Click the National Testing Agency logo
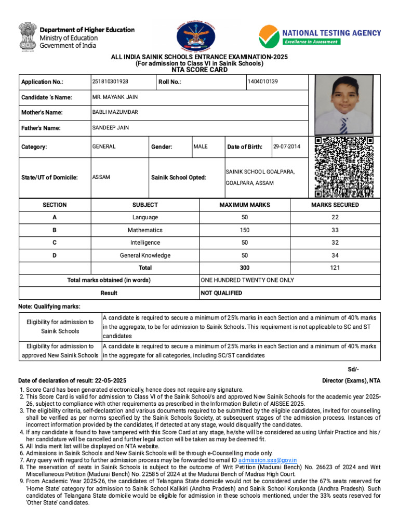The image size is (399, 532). [x=320, y=36]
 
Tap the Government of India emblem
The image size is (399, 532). [x=26, y=37]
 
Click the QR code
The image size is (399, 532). [x=344, y=167]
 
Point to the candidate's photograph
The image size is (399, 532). [x=344, y=104]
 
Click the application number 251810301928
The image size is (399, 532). [x=110, y=82]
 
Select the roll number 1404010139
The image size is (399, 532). [x=263, y=82]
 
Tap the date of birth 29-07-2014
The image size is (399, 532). [x=287, y=147]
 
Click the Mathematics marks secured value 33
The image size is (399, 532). [x=335, y=230]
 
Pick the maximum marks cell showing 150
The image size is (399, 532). [x=245, y=230]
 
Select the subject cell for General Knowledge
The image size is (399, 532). [x=145, y=255]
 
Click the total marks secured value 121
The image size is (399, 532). [x=335, y=268]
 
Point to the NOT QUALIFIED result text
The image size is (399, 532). [x=221, y=293]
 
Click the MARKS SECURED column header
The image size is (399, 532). [x=335, y=205]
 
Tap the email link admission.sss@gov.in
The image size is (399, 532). [x=268, y=460]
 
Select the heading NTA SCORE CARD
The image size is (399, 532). [x=199, y=70]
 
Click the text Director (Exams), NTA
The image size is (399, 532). [x=351, y=381]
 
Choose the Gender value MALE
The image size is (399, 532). [x=201, y=147]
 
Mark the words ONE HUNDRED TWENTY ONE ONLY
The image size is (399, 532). [x=247, y=280]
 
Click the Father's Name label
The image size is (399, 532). [x=41, y=128]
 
